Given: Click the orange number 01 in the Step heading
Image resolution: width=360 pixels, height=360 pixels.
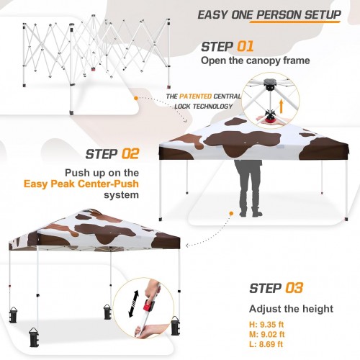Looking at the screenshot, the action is point(246,46).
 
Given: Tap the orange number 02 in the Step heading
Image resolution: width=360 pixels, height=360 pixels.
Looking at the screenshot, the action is point(130,154).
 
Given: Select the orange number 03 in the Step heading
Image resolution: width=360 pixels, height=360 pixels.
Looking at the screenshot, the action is point(294,288).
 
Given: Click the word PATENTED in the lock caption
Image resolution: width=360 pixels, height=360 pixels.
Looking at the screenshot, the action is point(195,96).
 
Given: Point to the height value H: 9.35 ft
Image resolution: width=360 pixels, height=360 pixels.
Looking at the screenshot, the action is point(266,325).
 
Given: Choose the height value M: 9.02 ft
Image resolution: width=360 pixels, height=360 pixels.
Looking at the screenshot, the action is point(267,334).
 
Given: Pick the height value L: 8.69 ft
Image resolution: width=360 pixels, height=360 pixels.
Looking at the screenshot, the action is point(266,344).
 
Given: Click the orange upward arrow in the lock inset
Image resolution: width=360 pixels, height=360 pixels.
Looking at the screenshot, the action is point(282,107).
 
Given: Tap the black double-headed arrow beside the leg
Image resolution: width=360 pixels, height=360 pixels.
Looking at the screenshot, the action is point(134,304).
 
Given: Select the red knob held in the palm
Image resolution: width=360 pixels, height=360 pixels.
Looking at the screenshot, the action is point(271,120).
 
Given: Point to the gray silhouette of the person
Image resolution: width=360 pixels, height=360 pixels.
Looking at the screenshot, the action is point(248,189).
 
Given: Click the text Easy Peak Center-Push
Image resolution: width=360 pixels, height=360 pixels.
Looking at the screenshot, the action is point(81,184).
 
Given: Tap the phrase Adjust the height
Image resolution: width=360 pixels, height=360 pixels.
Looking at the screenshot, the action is point(291,309).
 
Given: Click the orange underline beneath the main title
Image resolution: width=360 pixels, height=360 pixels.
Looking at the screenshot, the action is point(295,22).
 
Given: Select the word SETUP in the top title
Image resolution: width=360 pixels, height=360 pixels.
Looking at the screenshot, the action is point(323,14).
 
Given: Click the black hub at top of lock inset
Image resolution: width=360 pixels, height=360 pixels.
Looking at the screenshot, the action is point(271,84).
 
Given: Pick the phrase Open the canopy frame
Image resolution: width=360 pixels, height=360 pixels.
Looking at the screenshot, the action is point(256,60).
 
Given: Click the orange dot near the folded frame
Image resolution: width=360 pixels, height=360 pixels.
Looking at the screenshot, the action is point(136,98).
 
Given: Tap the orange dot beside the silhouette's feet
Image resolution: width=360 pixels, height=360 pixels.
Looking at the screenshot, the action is point(231,213).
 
